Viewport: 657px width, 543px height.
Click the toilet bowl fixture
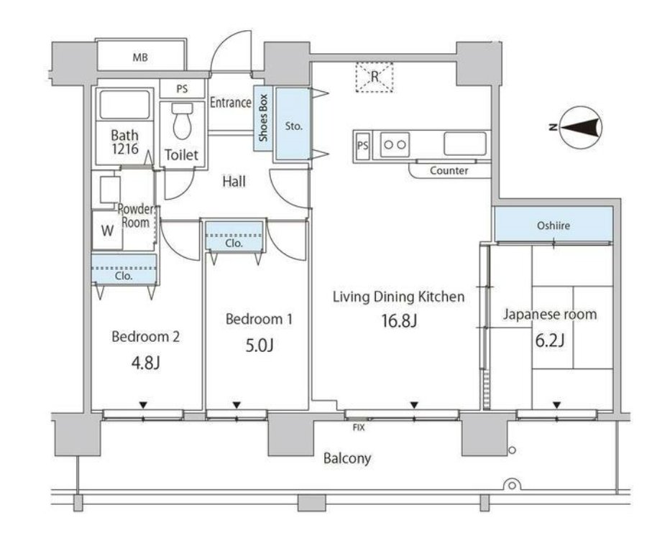(183, 121)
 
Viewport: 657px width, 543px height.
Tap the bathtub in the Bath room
(124, 105)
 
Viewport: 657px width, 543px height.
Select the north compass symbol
(580, 127)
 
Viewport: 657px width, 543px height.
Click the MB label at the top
(140, 57)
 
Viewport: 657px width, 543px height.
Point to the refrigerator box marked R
(375, 77)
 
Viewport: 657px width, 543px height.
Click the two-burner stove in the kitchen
(395, 144)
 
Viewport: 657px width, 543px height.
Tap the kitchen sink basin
(465, 144)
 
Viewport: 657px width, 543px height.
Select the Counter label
(449, 170)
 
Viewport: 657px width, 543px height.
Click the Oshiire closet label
(553, 226)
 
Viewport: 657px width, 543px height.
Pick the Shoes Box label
(262, 118)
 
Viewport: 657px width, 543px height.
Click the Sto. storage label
(293, 126)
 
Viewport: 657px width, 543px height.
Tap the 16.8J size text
(399, 320)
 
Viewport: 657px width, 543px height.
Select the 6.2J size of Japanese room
(549, 340)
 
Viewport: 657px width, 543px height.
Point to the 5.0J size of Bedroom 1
(259, 345)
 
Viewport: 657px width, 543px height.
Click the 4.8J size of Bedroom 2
(145, 363)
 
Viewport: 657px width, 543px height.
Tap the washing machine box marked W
(108, 231)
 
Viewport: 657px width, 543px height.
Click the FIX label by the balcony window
(359, 427)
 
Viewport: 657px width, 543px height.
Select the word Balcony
(347, 458)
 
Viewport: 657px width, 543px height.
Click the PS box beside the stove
(362, 145)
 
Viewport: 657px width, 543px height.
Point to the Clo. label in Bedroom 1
(234, 243)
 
